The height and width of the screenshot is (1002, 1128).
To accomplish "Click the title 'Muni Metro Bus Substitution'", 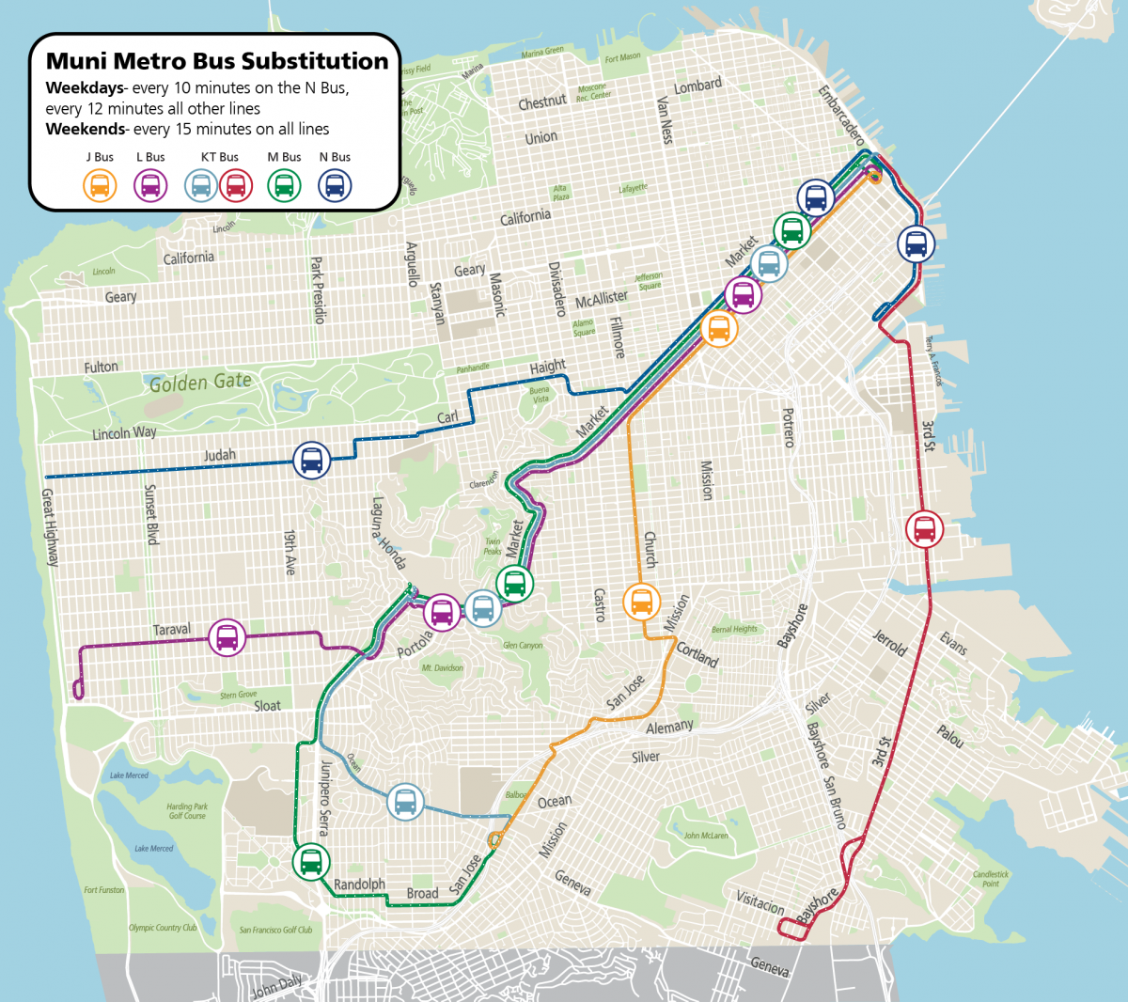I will tap(216, 61).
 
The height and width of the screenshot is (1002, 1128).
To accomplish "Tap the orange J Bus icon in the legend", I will tap(100, 185).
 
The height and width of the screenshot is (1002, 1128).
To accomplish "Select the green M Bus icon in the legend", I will tap(284, 185).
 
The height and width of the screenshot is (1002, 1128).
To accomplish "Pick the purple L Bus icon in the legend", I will tap(150, 185).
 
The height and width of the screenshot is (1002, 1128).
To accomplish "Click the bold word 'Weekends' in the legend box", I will tap(85, 129).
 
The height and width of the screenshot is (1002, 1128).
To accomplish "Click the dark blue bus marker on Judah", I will tap(311, 461).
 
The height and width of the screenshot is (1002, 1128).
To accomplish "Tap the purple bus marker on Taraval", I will tap(227, 637).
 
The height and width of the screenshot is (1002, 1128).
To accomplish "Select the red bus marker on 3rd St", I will tap(924, 528).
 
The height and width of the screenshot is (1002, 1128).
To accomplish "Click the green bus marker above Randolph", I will tap(310, 860).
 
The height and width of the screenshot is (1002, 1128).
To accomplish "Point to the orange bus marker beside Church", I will tap(641, 601).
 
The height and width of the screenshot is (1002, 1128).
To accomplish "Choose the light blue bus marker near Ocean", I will tap(405, 802).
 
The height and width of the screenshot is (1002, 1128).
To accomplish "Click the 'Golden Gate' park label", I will tap(200, 383).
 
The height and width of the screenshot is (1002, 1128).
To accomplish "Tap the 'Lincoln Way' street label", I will tap(124, 433).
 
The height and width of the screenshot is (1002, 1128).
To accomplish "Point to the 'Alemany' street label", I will tap(669, 727).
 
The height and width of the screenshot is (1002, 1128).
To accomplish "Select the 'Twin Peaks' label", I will tap(493, 546).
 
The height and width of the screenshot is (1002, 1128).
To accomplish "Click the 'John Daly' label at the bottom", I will tap(277, 987).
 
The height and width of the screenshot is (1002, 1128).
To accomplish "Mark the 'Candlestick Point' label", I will tap(990, 878).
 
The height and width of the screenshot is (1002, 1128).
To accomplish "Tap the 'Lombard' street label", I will tap(697, 86).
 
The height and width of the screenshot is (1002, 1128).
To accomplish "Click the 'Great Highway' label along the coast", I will tap(49, 527).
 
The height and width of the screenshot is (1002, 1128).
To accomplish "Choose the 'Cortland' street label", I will tap(697, 654).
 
